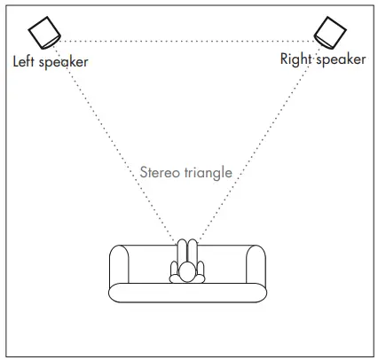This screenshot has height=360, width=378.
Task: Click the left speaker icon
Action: coord(45,35)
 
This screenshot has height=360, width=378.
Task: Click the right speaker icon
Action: coord(331,32)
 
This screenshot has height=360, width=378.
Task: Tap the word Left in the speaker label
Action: coord(24,62)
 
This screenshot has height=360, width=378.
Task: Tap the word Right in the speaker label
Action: coord(295,59)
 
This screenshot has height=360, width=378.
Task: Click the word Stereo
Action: coord(160,172)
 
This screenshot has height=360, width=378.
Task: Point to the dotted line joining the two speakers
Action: coord(186,40)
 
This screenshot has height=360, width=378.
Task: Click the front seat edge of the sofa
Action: coord(186,293)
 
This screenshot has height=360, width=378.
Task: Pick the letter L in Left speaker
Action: coord(15,62)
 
